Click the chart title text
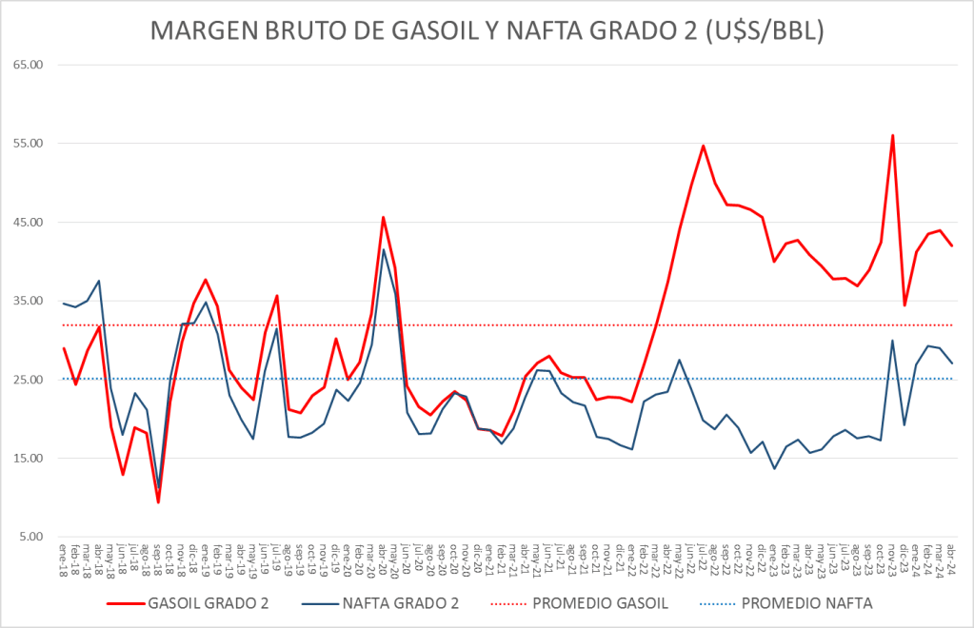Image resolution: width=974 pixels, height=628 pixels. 487,31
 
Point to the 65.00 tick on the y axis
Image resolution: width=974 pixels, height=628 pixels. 30,65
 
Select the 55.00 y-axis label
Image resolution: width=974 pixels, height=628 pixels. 30,144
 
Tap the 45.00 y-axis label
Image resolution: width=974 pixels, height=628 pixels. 30,223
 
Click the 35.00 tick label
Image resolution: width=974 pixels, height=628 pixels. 30,302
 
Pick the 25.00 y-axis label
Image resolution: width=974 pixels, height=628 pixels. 30,381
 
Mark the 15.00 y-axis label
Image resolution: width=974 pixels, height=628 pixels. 30,459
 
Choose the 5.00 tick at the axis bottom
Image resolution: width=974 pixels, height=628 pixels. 32,538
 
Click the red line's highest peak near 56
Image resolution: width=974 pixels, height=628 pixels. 892,135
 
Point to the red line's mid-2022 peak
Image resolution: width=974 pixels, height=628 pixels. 703,146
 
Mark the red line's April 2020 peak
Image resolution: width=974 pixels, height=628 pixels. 384,217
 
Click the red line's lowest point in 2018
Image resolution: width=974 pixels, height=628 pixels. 158,502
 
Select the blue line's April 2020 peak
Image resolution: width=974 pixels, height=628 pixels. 384,249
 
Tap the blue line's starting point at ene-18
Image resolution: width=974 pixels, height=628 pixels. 63,304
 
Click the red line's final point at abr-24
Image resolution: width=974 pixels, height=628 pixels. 952,246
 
